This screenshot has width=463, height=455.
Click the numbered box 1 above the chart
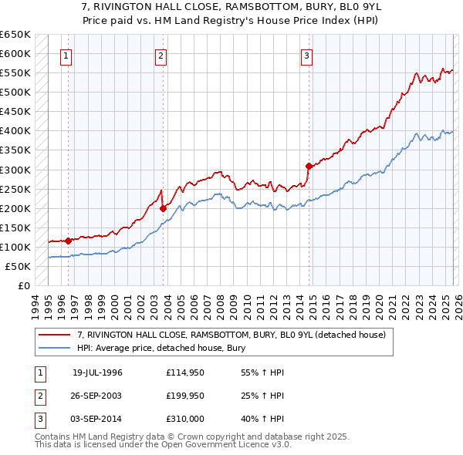pyautogui.click(x=66, y=56)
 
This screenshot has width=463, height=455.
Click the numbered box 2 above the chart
pyautogui.click(x=161, y=56)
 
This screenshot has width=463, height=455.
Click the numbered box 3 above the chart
pyautogui.click(x=306, y=56)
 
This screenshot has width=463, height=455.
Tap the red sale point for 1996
pyautogui.click(x=69, y=241)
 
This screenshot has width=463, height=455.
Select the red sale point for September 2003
pyautogui.click(x=164, y=207)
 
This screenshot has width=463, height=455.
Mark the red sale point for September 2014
pyautogui.click(x=309, y=165)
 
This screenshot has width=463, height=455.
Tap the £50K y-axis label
pyautogui.click(x=18, y=266)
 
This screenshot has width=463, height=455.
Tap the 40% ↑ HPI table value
pyautogui.click(x=263, y=419)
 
